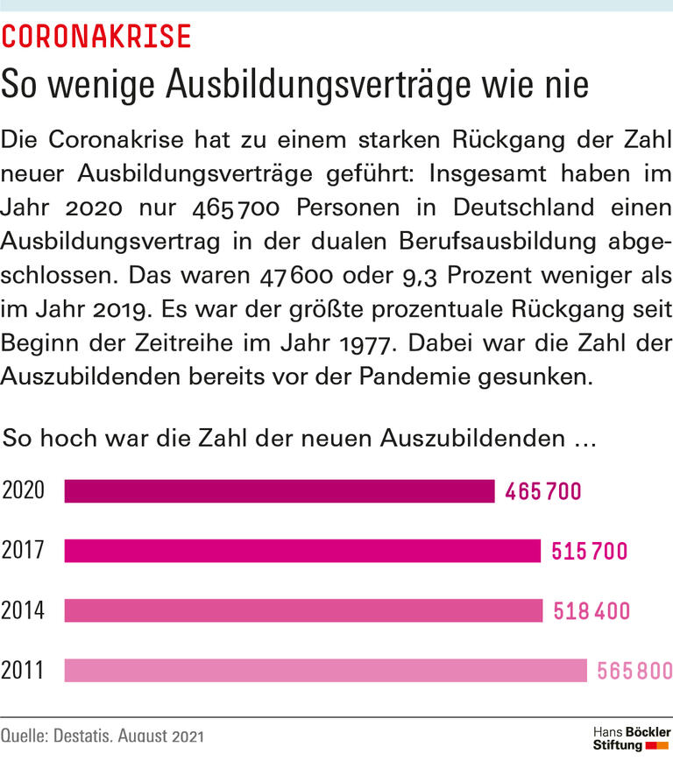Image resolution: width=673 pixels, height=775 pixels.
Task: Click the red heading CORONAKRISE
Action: [96, 36]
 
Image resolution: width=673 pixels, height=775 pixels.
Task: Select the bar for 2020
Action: [280, 491]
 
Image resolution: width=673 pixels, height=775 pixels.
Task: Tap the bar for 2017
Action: [302, 551]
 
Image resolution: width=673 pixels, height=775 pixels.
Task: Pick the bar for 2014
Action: [304, 610]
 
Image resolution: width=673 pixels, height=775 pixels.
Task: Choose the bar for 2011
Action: [325, 670]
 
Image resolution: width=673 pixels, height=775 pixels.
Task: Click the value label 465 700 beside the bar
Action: [542, 492]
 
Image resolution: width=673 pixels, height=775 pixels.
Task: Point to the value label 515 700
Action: [590, 552]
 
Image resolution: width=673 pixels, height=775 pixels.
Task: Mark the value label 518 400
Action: [592, 611]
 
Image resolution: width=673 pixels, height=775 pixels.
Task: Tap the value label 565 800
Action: [634, 671]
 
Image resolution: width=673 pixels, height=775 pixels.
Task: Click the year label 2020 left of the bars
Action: [24, 491]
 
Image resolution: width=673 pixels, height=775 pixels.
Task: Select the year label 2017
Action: [24, 551]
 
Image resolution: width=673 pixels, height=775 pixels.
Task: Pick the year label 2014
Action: [24, 610]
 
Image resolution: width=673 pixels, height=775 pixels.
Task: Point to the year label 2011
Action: [24, 670]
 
